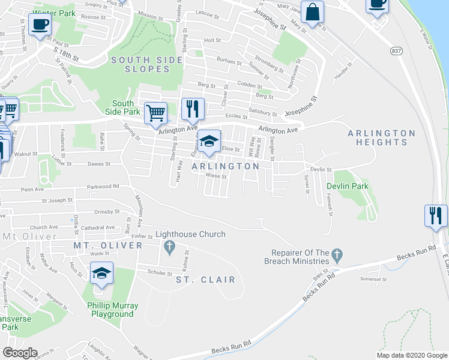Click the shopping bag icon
[x=313, y=11]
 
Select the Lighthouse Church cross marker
[x=169, y=247]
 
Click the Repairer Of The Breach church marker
[x=337, y=257]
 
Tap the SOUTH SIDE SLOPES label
[x=140, y=64]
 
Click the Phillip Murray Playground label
[x=113, y=310]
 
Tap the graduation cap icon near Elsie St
[x=209, y=141]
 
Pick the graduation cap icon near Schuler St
[x=102, y=273]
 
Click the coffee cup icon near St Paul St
[x=40, y=25]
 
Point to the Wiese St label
[x=215, y=176]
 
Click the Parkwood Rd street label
[x=104, y=186]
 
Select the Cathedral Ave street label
[x=97, y=227]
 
